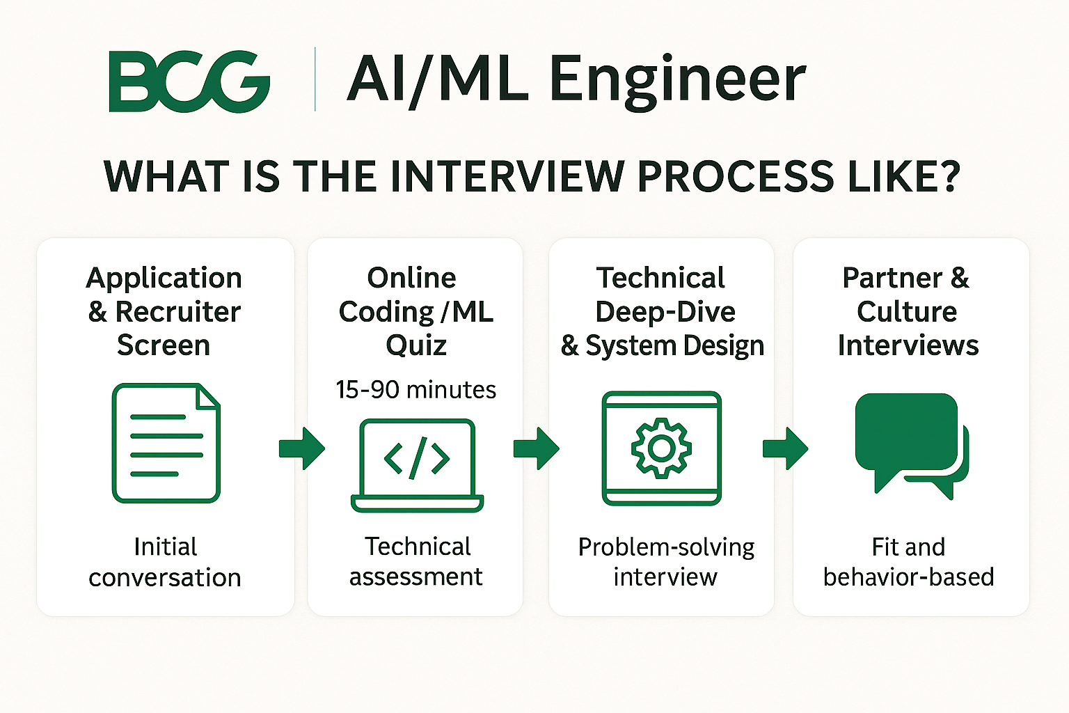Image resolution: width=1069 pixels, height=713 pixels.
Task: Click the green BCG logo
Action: pos(189,81)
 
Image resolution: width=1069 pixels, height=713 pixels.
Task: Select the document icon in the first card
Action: pos(166,443)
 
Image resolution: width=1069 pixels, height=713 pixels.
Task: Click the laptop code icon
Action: pos(417,465)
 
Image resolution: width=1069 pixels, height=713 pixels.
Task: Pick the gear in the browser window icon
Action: pos(661,448)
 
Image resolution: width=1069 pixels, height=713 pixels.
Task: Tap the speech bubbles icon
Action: pos(912,446)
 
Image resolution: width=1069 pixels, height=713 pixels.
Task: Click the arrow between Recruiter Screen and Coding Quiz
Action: pos(302,449)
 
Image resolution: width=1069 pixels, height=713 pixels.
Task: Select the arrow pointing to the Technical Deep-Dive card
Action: pos(537,449)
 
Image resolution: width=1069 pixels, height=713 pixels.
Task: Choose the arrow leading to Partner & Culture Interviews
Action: pos(786,449)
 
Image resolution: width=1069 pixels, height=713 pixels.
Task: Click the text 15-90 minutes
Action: pos(415,390)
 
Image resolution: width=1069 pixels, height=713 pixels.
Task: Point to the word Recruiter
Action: pos(177,312)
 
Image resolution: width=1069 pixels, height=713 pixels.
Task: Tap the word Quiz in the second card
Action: pos(416,346)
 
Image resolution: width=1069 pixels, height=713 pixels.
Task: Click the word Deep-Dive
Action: pos(665,313)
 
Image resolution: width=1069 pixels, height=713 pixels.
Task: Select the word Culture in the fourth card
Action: pos(907,312)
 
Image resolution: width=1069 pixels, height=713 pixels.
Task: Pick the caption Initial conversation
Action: pos(165,562)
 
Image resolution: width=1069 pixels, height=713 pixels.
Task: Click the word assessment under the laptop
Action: pos(415,577)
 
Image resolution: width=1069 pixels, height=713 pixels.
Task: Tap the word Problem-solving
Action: pos(666,547)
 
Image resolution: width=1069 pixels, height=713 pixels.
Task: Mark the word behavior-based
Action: pos(909,577)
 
